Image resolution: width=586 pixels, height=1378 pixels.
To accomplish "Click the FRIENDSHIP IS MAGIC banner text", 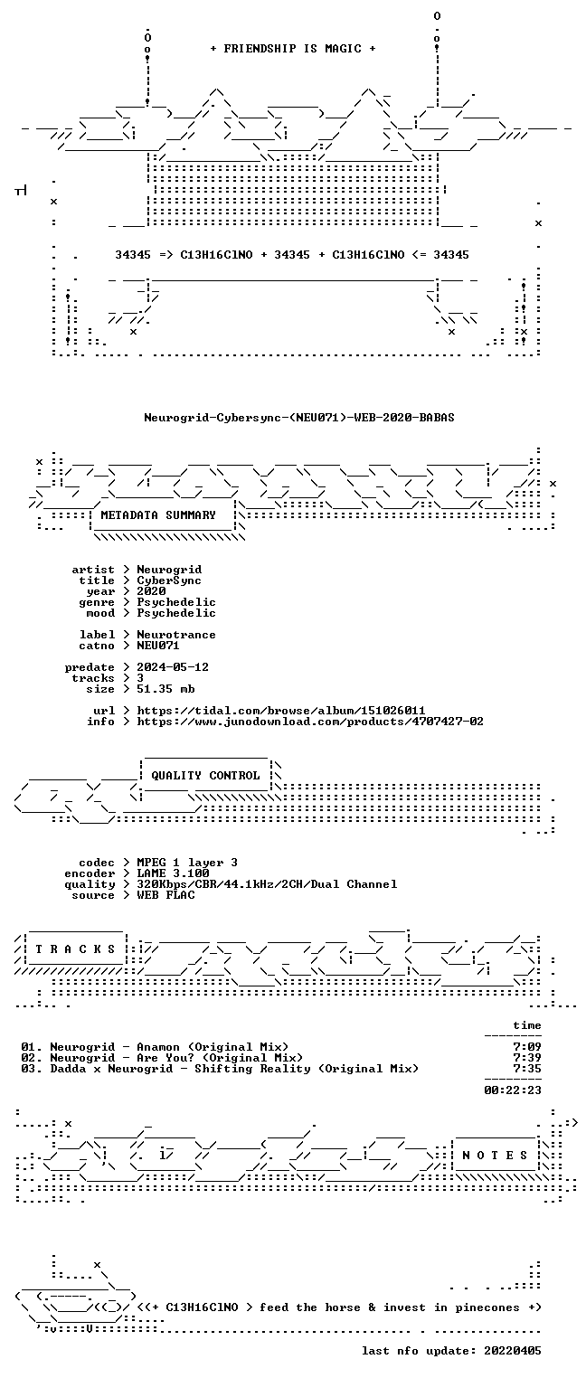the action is click(x=292, y=49).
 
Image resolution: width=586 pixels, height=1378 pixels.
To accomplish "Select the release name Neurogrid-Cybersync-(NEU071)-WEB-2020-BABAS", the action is click(x=299, y=418).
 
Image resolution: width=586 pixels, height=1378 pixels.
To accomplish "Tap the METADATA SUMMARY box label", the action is click(x=158, y=514).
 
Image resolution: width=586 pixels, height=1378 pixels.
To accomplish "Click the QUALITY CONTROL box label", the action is click(x=205, y=776).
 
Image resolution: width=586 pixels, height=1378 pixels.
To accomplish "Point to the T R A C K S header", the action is click(x=75, y=949).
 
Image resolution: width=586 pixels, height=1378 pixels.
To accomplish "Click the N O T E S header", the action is click(x=495, y=1156).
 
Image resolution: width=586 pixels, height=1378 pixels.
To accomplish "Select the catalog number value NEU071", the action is click(x=158, y=646).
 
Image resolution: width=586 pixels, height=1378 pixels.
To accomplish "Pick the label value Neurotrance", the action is click(x=176, y=634).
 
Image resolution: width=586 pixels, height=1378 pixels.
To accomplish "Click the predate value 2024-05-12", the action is click(x=173, y=667).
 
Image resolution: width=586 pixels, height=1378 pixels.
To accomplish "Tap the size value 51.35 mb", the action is click(x=165, y=689).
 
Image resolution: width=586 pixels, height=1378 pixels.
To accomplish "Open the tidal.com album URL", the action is click(x=280, y=711).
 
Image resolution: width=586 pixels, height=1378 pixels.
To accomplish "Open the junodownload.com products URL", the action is click(x=309, y=722).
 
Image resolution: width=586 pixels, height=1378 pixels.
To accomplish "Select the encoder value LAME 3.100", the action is click(x=173, y=873).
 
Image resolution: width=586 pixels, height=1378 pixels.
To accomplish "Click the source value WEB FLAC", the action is click(x=165, y=895).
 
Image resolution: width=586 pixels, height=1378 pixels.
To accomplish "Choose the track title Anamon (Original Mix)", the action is click(x=213, y=1047).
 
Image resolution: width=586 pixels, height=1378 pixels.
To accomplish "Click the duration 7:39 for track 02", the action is click(x=527, y=1058).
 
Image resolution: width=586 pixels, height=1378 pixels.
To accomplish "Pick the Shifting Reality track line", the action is click(x=220, y=1069).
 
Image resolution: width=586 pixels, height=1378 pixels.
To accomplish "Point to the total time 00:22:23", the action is click(x=513, y=1090).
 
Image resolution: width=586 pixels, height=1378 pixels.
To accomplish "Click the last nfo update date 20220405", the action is click(x=513, y=1350).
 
